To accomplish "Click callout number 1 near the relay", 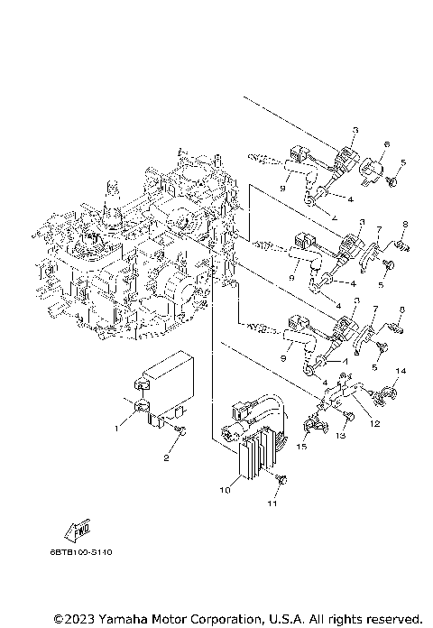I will coord(116,429).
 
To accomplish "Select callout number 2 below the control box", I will coord(165,457).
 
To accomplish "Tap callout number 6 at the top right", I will coord(385,143).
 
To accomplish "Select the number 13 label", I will coord(341,436).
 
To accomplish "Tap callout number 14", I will coord(401,371).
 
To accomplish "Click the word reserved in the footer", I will coord(389,619).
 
